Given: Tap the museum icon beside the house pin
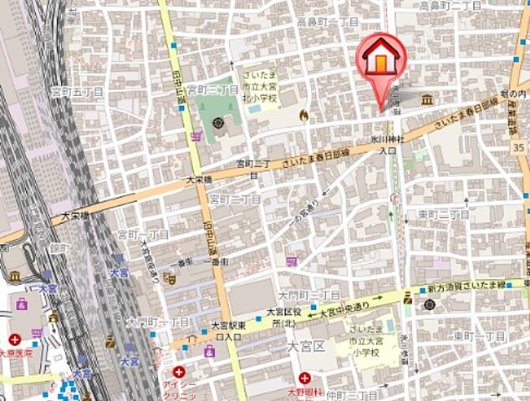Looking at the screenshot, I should point(427,100).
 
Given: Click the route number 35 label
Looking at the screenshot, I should point(519,147).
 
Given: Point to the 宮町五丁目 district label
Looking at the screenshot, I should point(76,91).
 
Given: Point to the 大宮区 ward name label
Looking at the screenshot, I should point(306,344).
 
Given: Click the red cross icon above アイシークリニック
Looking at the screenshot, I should point(179,371).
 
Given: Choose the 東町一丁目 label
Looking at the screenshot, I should point(479,335).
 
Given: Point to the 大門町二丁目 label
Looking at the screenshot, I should point(308,295).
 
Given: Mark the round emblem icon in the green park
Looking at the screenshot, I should point(218,124).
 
